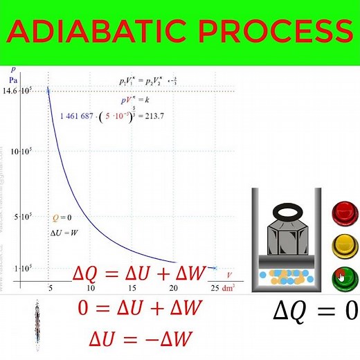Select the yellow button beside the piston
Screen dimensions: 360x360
(342, 245)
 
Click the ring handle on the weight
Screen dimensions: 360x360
(290, 212)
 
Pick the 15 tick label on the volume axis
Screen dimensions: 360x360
(132, 288)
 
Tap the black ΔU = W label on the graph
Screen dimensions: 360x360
(65, 233)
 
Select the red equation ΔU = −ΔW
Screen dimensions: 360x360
(141, 339)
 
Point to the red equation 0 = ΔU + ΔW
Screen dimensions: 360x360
(141, 307)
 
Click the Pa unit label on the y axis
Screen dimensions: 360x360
(14, 80)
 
